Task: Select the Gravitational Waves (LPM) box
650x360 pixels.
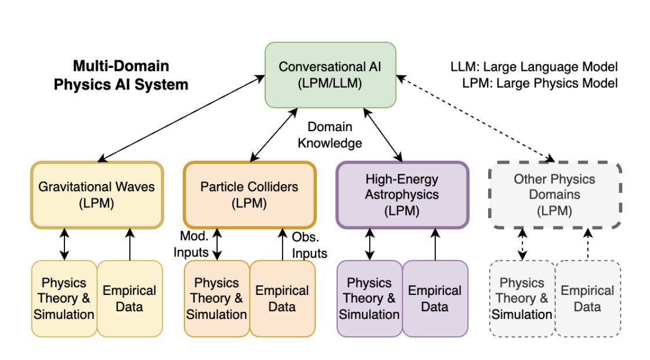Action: (96, 195)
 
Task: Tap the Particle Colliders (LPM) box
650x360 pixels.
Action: (250, 195)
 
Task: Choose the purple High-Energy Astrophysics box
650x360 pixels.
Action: (402, 195)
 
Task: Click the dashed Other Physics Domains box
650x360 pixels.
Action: (555, 195)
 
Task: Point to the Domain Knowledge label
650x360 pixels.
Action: (330, 135)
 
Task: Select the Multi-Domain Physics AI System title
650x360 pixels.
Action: (121, 75)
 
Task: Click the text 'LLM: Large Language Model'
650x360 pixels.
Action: (534, 67)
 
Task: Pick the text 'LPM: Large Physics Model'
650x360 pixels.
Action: (540, 83)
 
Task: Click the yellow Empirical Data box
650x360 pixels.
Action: (129, 298)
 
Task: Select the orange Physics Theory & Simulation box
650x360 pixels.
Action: (217, 298)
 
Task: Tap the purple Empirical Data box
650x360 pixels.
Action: (435, 298)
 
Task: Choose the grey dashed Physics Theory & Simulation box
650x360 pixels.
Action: (522, 298)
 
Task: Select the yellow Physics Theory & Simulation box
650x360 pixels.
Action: (64, 298)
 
